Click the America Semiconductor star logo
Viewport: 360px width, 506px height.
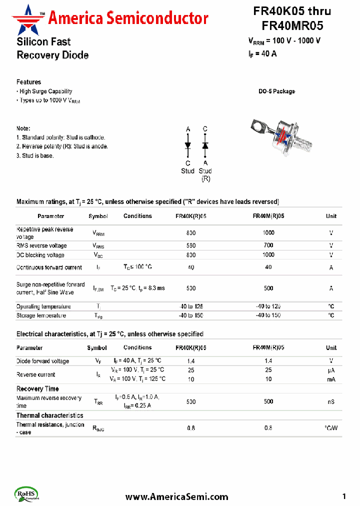click(x=28, y=17)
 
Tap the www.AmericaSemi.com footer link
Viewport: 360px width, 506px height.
click(x=176, y=496)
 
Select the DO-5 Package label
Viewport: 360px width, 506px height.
click(x=276, y=91)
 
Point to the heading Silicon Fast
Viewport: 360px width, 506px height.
click(x=43, y=42)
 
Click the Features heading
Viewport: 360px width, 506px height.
click(x=28, y=82)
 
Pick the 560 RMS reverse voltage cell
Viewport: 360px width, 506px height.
click(x=191, y=245)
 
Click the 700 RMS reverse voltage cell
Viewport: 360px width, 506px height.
click(x=268, y=245)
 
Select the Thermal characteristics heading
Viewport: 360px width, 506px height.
click(x=49, y=415)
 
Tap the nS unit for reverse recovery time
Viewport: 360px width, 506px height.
click(x=331, y=402)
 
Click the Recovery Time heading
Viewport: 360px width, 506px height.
click(x=37, y=389)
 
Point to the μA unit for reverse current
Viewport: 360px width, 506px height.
click(x=331, y=370)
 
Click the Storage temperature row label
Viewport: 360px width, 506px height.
click(x=41, y=315)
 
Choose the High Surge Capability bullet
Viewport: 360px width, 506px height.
click(x=45, y=91)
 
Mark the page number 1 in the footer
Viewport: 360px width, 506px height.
click(x=344, y=496)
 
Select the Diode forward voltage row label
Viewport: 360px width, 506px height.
click(x=42, y=361)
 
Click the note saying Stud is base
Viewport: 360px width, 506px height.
click(x=35, y=155)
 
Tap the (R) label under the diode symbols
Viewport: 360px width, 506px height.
click(x=205, y=178)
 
